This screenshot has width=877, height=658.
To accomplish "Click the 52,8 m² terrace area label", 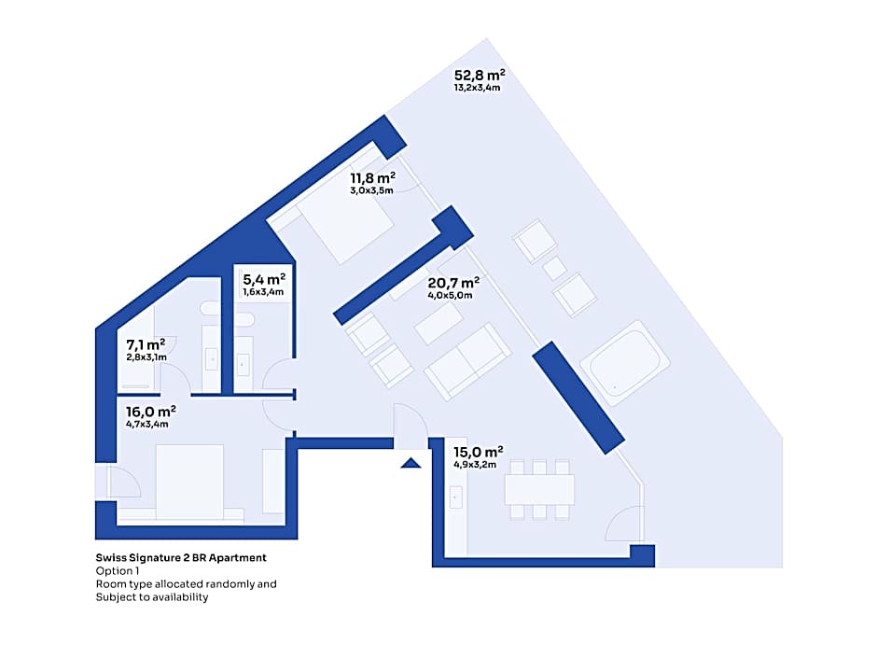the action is pos(480,75).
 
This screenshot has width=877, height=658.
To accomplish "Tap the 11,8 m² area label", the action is pos(373,178).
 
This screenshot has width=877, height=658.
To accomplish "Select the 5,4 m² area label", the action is pos(264,279).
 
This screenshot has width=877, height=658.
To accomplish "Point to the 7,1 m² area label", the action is pos(146,344).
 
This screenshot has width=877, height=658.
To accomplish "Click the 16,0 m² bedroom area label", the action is pos(151,412).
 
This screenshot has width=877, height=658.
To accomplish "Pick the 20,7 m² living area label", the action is pos(453,283).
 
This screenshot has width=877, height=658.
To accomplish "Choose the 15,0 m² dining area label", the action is pos(479,452).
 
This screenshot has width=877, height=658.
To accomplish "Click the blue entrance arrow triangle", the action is pos(411,463).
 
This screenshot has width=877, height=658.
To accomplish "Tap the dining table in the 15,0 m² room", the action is pos(539,490).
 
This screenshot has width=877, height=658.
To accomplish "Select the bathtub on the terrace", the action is pos(625,362).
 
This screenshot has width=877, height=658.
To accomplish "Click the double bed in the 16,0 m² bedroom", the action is pos(189,483).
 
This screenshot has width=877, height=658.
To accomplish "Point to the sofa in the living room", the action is pos(467,361).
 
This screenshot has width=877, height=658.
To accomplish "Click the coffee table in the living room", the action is pos(439,324).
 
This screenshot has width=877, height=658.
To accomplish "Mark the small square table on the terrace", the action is pos(555,268).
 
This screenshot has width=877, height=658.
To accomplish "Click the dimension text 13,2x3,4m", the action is pos(477,88).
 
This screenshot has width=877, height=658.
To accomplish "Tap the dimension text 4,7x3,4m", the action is pos(147,424).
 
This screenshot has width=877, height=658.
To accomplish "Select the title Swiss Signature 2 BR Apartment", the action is pos(181,557).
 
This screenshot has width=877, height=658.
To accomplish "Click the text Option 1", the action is pos(118,570).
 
